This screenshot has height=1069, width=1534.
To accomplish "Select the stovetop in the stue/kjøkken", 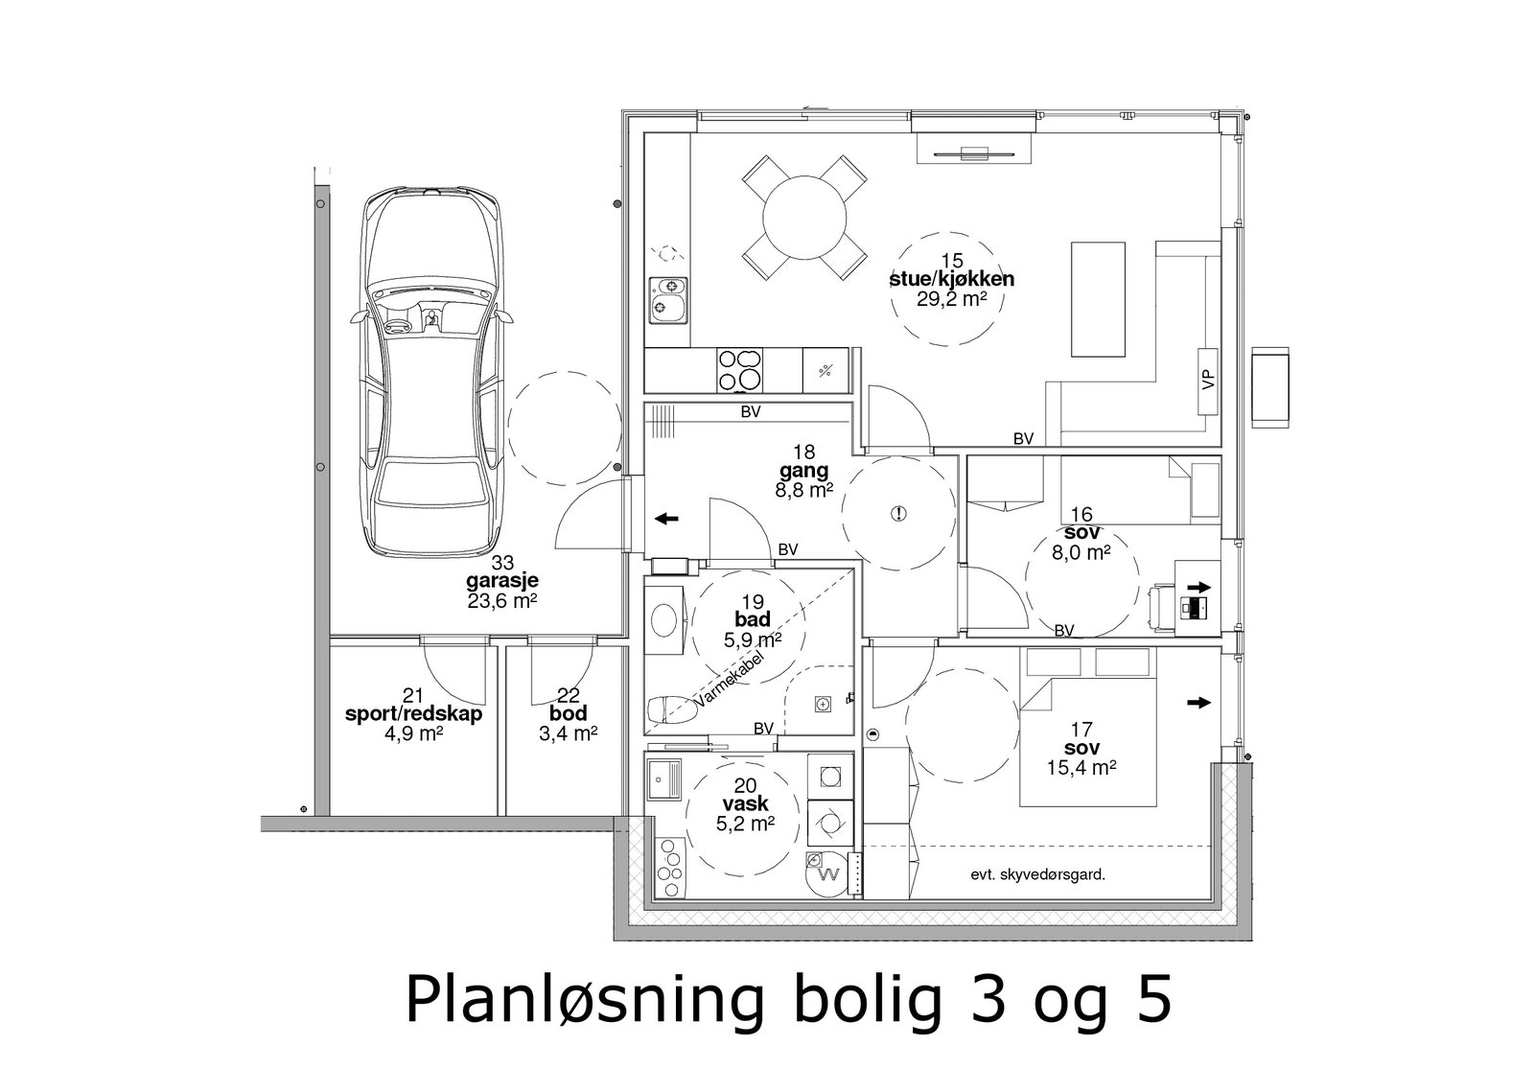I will (x=741, y=370).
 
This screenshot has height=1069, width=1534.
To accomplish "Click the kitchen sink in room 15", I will (x=668, y=298).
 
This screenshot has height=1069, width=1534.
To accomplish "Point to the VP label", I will (x=1208, y=380).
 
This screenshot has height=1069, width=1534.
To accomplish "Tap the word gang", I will (x=803, y=471).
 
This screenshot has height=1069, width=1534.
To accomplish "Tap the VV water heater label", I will (x=830, y=874).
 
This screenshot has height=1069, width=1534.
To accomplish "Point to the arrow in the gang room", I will (x=665, y=519).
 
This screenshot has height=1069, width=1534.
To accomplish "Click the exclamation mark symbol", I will (x=898, y=513).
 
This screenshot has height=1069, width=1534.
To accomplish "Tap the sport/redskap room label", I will (x=413, y=714).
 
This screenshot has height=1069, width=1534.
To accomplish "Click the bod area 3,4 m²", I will (x=569, y=733).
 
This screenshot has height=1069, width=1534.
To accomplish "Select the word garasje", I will (x=501, y=581).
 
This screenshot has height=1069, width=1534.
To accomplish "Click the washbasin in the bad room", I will (x=662, y=620).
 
